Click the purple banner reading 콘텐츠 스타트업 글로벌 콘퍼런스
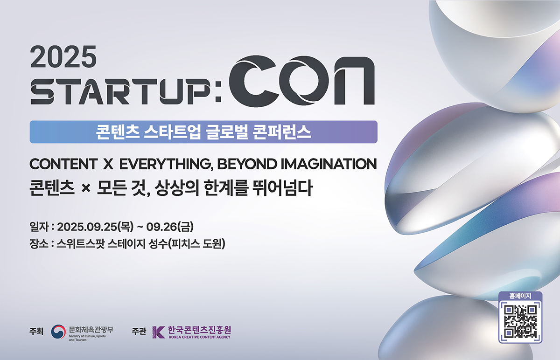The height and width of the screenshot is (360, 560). pos(203,132)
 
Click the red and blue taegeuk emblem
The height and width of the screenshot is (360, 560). pos(59,332)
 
